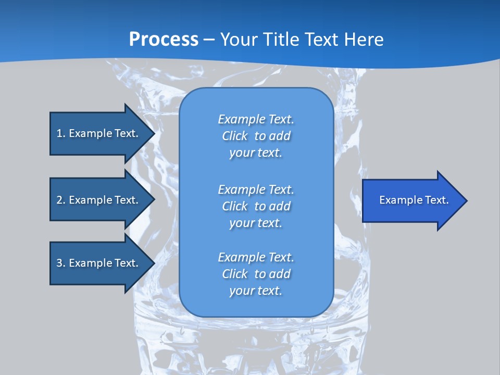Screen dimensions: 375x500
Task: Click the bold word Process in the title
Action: pyautogui.click(x=164, y=40)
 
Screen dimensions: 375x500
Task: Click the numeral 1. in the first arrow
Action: pyautogui.click(x=61, y=133)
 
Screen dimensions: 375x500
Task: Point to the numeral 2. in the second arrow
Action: pyautogui.click(x=61, y=200)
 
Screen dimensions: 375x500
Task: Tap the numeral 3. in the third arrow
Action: pyautogui.click(x=61, y=263)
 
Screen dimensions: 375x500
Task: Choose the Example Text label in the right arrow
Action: pyautogui.click(x=414, y=200)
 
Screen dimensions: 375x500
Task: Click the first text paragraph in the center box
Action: pyautogui.click(x=256, y=136)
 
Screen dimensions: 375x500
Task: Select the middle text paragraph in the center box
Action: pyautogui.click(x=256, y=206)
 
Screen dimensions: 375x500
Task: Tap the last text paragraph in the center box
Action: pyautogui.click(x=256, y=274)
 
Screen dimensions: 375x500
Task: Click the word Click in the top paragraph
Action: pyautogui.click(x=235, y=136)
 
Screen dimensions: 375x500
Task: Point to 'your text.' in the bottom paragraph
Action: pyautogui.click(x=256, y=291)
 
